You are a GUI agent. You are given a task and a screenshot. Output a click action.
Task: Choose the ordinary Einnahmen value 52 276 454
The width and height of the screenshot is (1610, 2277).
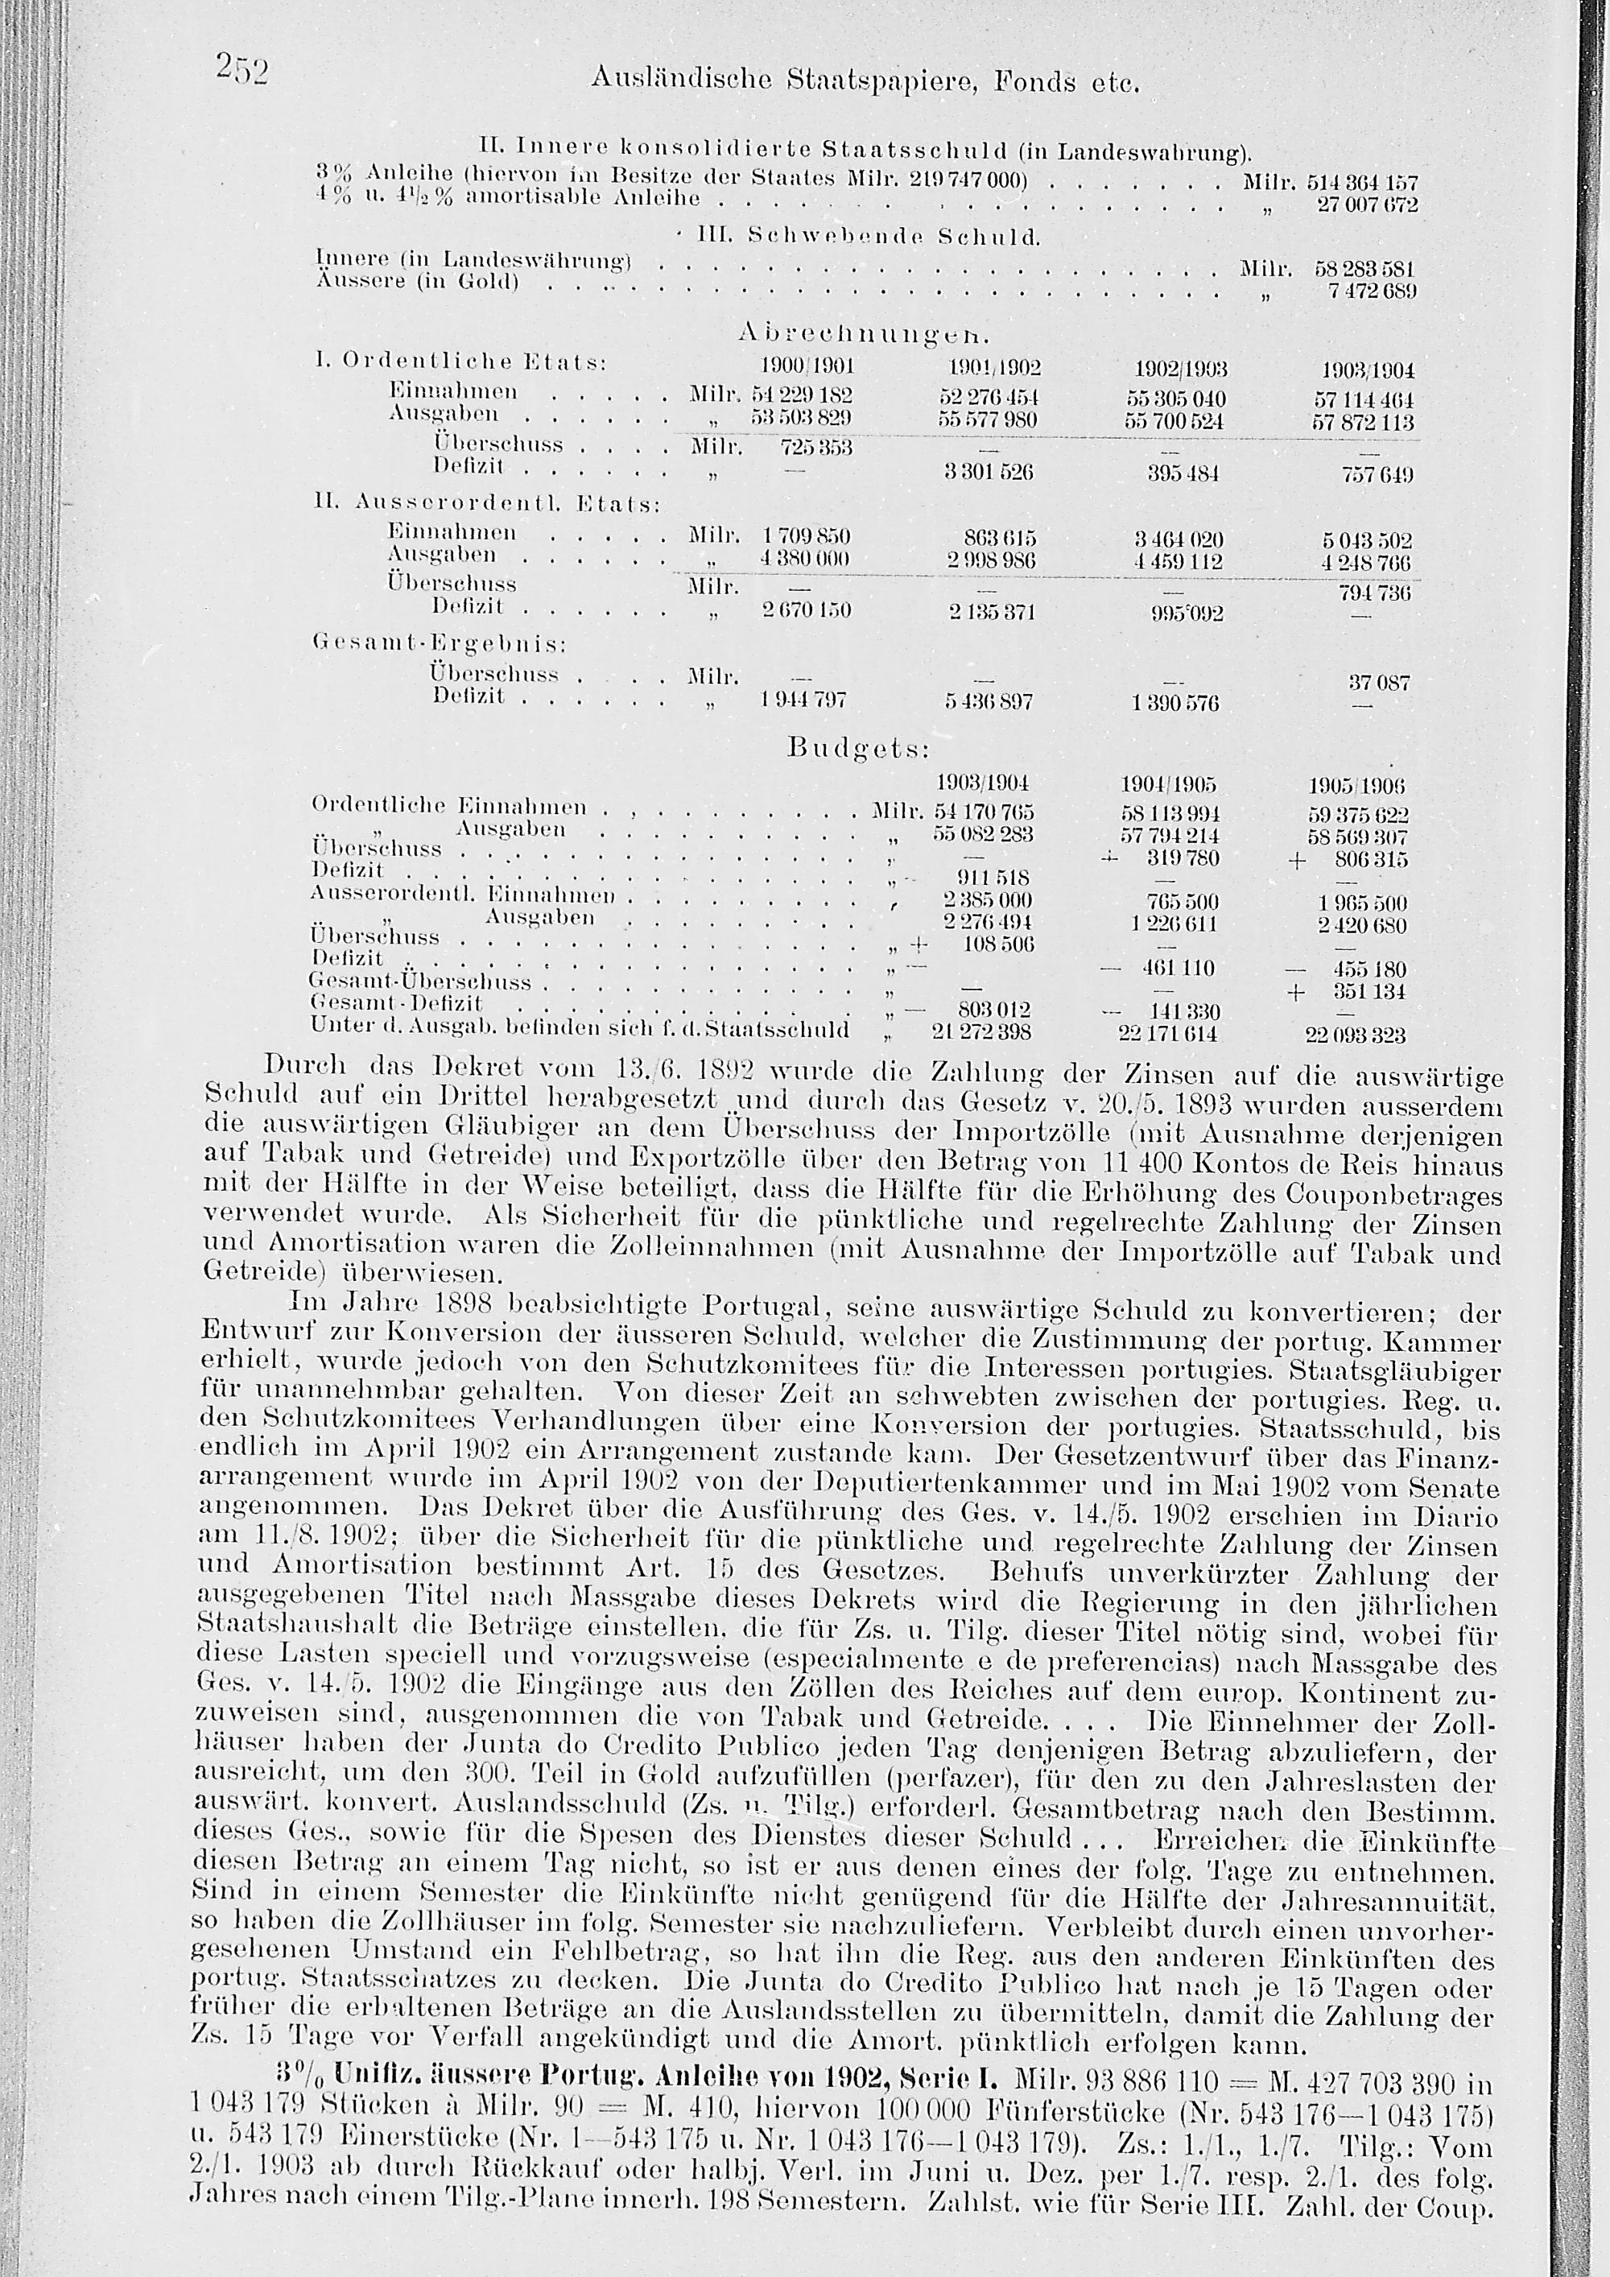pos(988,399)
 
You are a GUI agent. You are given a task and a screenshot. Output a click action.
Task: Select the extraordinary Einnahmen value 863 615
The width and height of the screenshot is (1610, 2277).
pos(999,538)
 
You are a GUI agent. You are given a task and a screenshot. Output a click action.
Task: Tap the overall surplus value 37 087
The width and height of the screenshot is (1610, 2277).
pos(1379,684)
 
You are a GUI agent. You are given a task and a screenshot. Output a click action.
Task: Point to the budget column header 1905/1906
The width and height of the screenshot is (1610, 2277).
pos(1356,787)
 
